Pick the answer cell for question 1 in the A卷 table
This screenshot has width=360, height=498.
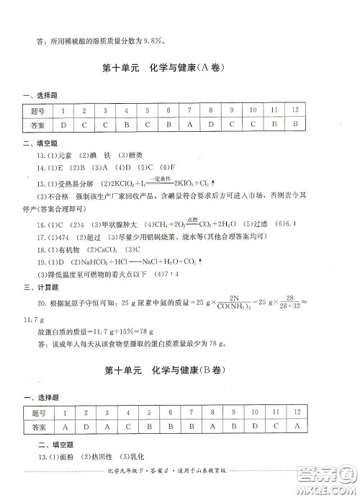pyautogui.click(x=63, y=125)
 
